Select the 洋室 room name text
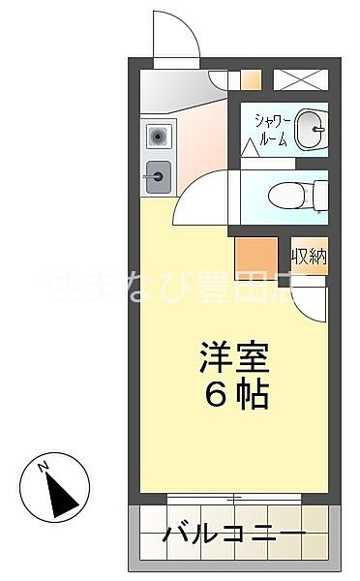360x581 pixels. [x=234, y=357]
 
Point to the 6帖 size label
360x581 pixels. [x=234, y=395]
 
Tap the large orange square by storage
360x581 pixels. [x=255, y=258]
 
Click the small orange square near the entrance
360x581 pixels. [x=251, y=81]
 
